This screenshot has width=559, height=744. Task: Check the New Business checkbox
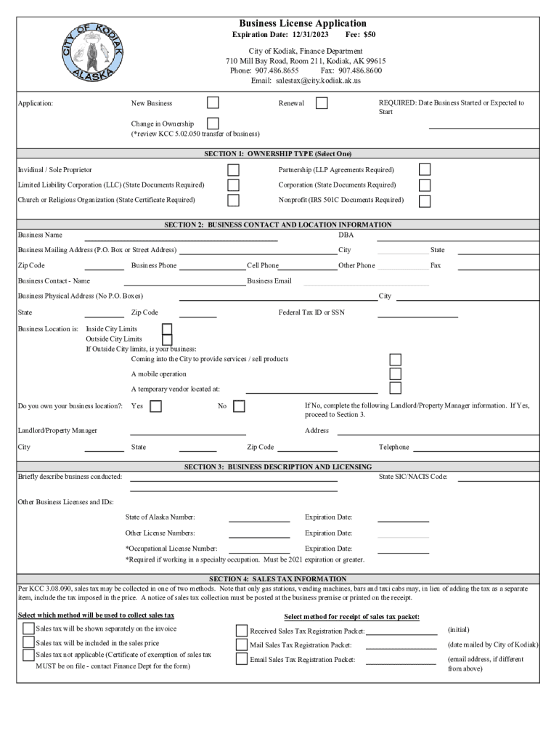213,103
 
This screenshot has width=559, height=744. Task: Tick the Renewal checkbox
322,103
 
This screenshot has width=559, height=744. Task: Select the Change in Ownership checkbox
213,124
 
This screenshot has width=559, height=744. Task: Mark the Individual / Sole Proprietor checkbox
233,169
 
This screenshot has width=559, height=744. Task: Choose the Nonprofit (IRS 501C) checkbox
425,201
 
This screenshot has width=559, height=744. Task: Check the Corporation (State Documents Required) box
425,185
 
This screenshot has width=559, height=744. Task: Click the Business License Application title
303,23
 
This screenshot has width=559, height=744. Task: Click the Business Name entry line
181,236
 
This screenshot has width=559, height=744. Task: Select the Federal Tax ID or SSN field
417,313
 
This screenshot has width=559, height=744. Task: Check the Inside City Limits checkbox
167,329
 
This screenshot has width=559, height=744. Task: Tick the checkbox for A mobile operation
396,373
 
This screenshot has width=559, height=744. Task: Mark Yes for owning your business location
155,406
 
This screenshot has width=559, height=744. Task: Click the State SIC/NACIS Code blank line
498,477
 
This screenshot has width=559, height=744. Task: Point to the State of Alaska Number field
259,517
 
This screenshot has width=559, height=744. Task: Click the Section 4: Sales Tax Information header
278,579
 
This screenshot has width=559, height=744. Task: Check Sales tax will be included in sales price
28,643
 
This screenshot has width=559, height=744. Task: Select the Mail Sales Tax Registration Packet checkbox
242,644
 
